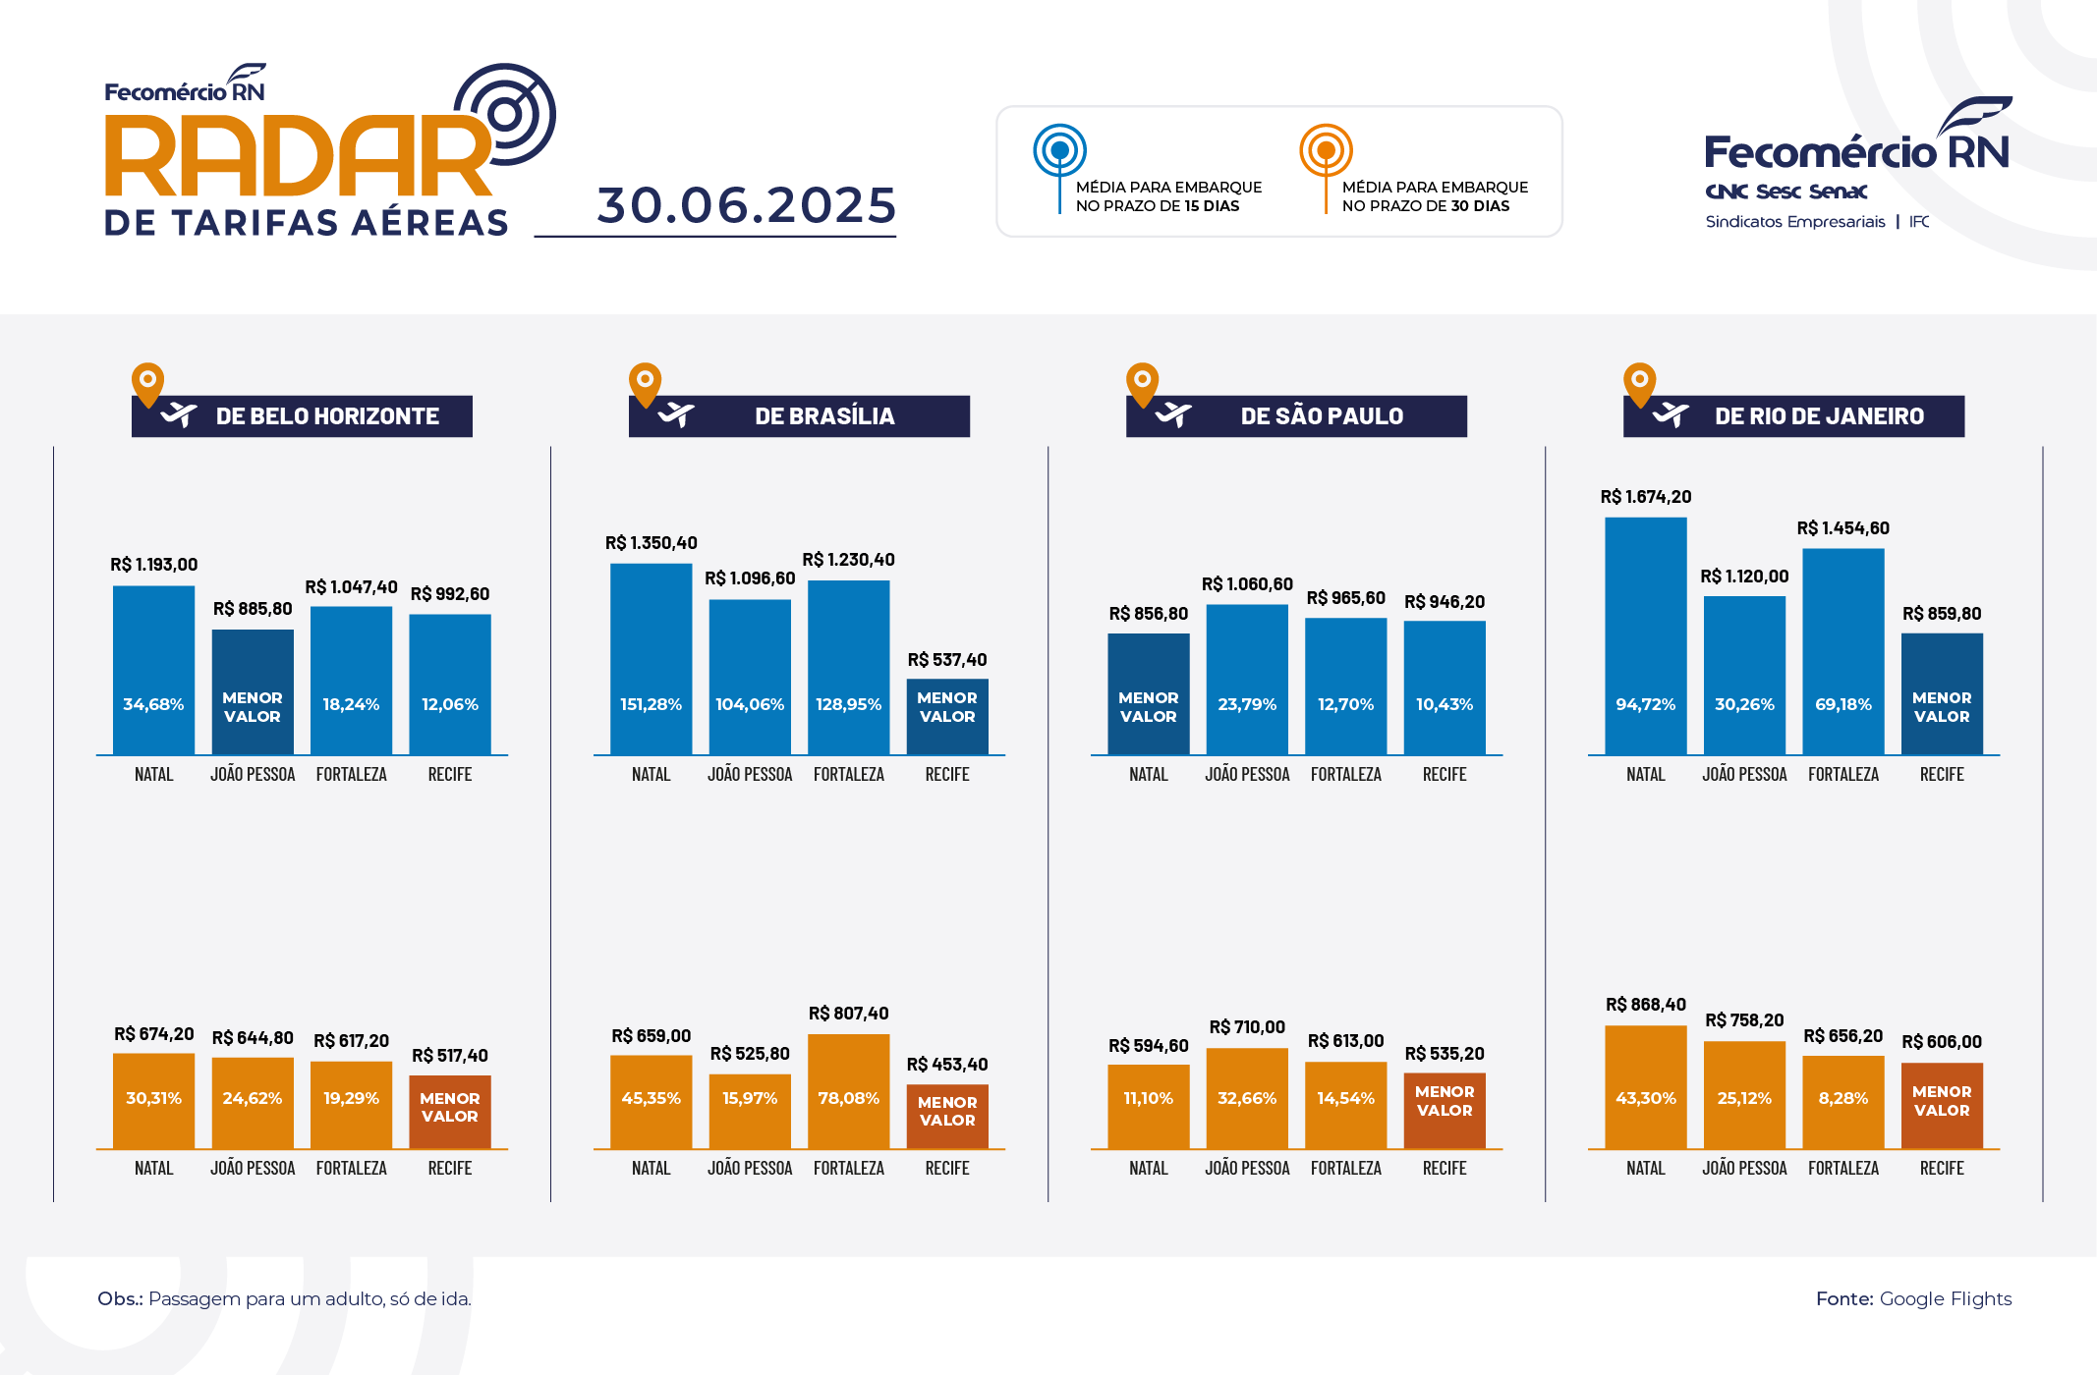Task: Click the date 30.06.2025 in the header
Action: [746, 205]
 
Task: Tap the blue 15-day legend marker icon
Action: [1059, 151]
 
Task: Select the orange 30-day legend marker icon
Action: [1326, 151]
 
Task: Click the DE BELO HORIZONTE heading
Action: [327, 416]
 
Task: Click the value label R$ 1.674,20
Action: [1645, 497]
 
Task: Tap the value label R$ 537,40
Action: [946, 660]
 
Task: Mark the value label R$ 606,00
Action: [1941, 1042]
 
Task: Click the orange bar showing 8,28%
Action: [1842, 1101]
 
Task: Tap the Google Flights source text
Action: [1945, 1298]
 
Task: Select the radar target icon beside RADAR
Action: [507, 114]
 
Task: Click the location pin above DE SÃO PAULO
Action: [1142, 383]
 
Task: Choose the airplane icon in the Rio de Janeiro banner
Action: [1670, 415]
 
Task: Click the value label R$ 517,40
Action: [449, 1056]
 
